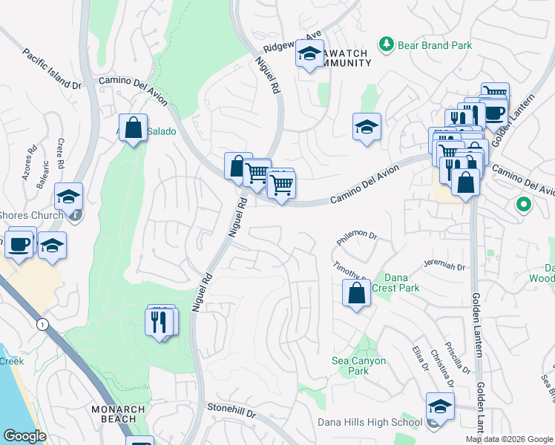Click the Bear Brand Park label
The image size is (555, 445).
[435, 45]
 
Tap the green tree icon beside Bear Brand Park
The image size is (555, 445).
[386, 45]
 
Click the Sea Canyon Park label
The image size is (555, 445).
[359, 366]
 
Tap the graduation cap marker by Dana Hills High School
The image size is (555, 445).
[440, 407]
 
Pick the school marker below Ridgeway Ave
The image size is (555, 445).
[310, 53]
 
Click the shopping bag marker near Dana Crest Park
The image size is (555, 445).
[357, 293]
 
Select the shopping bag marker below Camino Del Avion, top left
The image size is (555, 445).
[133, 128]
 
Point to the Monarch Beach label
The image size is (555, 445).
[114, 414]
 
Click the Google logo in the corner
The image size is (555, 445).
[24, 436]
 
